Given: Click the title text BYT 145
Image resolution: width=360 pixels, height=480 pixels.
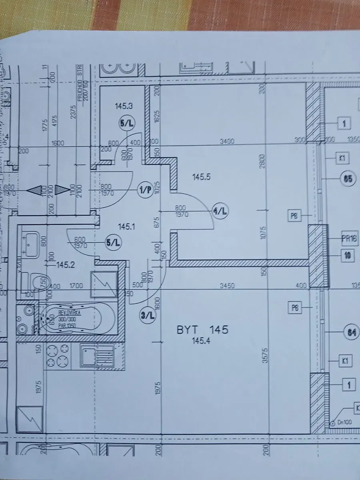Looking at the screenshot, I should [x=202, y=330].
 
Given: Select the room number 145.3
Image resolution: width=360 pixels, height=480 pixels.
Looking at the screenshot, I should [x=124, y=106].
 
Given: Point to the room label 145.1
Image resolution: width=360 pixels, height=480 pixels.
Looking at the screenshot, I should [x=127, y=227].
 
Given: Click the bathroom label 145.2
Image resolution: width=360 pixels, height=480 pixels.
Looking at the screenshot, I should [x=66, y=265].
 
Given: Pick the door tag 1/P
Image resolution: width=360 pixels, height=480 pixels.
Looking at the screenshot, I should [x=145, y=190].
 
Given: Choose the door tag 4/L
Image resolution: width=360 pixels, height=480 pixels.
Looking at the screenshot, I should [x=220, y=212].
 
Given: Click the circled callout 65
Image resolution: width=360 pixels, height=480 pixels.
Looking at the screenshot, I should [x=348, y=179].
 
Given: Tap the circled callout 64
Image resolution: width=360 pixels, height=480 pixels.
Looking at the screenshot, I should [x=351, y=332].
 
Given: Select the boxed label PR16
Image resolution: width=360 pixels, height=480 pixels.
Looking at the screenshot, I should [x=351, y=240].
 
